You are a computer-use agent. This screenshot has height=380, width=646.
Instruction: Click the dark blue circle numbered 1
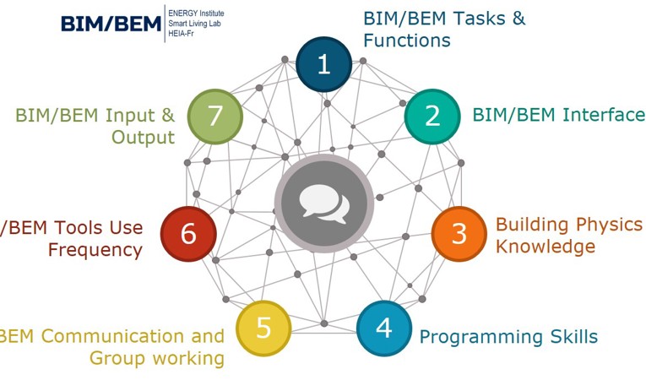point(324,64)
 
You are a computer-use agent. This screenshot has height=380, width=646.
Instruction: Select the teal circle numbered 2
point(432,116)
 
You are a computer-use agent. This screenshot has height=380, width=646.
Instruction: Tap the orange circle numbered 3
point(459,233)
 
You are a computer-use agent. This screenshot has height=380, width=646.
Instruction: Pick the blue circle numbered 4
point(384,327)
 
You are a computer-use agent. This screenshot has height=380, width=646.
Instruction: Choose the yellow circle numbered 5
point(263,327)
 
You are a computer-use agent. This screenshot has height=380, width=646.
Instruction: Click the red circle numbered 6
point(187,233)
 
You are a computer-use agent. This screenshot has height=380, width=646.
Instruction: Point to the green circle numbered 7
point(214,116)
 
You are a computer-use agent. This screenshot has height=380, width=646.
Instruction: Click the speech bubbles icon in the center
point(323,203)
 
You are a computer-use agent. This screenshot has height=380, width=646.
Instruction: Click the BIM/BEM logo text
point(111,24)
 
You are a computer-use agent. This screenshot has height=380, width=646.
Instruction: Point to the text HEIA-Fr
point(181,34)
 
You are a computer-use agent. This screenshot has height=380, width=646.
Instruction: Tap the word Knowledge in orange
point(546,247)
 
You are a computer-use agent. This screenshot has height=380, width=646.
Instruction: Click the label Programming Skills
point(508,337)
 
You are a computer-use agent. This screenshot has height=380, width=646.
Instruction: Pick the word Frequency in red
point(95,250)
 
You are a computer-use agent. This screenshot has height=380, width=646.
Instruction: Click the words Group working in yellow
point(157,358)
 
